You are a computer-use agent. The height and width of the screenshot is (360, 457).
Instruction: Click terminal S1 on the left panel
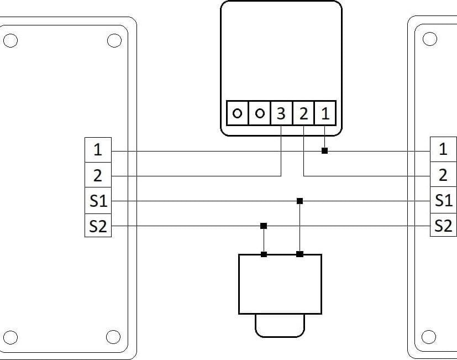(x=98, y=200)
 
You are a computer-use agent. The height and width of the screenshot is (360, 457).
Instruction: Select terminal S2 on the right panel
(x=443, y=225)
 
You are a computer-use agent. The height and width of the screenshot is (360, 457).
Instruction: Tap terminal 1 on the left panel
(x=98, y=150)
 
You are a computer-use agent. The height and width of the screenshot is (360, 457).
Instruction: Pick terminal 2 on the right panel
(x=443, y=174)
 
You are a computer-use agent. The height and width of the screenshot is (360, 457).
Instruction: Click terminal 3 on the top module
(x=281, y=113)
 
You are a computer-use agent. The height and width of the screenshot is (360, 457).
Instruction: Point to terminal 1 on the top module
(x=325, y=113)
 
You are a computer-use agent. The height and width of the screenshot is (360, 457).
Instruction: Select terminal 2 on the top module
(x=303, y=113)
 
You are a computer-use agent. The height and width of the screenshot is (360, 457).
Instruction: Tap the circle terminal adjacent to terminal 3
(x=260, y=113)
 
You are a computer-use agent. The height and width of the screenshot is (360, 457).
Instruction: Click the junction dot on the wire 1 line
(x=325, y=151)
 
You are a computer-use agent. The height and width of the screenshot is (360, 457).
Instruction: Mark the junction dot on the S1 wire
(x=300, y=201)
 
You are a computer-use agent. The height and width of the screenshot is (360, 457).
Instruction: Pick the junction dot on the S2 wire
(x=264, y=226)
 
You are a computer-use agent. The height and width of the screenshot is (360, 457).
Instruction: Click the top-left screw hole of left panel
(x=10, y=40)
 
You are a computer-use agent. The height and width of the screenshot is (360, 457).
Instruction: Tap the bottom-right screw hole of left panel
(x=113, y=337)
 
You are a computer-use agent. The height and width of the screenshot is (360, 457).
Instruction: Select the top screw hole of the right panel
(x=429, y=39)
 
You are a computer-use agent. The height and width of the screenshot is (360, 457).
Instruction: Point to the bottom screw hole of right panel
(x=429, y=337)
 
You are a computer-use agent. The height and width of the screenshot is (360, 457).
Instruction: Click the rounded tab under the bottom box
(x=280, y=337)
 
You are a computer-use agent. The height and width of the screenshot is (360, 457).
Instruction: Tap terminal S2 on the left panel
(x=98, y=226)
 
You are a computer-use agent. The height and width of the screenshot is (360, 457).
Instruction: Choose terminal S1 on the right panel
(x=443, y=200)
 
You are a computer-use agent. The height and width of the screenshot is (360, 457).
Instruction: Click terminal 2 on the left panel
(x=98, y=175)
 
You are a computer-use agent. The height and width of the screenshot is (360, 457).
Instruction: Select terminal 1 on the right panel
(x=443, y=149)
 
